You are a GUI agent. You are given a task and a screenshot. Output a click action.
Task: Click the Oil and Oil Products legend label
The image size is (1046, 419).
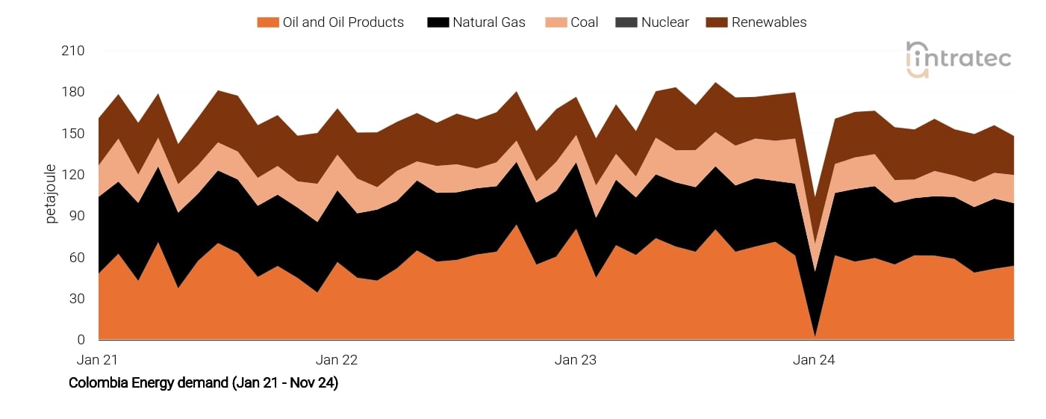pos(343,22)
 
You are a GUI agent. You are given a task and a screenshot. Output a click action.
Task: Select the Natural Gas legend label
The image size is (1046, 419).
pos(488,22)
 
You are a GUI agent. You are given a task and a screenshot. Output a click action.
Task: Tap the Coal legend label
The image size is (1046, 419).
pos(584,22)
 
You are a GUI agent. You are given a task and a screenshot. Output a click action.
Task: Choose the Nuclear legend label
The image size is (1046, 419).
pos(664,22)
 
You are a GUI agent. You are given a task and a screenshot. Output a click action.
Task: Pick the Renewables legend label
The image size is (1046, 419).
pos(769,22)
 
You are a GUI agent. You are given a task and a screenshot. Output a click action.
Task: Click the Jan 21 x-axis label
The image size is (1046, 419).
pos(98,360)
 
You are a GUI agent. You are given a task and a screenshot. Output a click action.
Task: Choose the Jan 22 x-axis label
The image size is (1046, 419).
pos(337,360)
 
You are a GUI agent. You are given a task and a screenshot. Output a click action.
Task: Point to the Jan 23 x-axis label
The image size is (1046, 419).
pos(576,360)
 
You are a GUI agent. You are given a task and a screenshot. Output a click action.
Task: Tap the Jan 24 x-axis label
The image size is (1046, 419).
pos(814,360)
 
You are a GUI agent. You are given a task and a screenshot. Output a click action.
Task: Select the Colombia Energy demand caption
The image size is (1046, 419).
pos(203,383)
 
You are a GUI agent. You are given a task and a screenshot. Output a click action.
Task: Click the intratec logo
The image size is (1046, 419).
pos(958,59)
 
